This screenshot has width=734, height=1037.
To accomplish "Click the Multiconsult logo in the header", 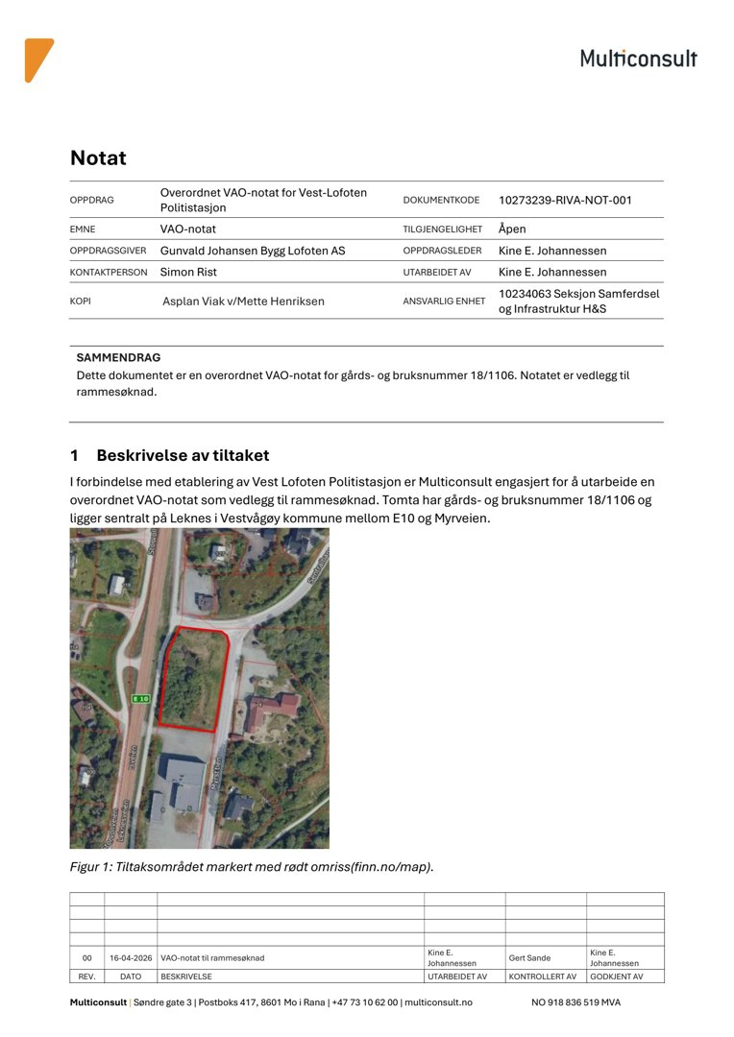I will pyautogui.click(x=638, y=59).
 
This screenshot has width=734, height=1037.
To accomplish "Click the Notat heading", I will pyautogui.click(x=98, y=158).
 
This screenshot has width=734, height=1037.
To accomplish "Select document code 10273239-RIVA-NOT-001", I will pyautogui.click(x=565, y=201).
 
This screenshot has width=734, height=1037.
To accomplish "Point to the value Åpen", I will pyautogui.click(x=512, y=229).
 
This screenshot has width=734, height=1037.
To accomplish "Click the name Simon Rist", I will pyautogui.click(x=188, y=272).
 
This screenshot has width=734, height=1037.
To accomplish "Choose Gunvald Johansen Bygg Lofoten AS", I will pyautogui.click(x=252, y=251).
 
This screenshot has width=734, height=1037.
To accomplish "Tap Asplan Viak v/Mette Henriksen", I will pyautogui.click(x=243, y=301).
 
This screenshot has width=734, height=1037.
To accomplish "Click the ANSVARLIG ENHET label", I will pyautogui.click(x=444, y=301).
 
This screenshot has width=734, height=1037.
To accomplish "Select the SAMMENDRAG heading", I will pyautogui.click(x=118, y=357).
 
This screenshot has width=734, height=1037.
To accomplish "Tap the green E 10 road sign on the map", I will pyautogui.click(x=141, y=699).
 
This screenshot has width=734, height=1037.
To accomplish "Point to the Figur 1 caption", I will pyautogui.click(x=252, y=867).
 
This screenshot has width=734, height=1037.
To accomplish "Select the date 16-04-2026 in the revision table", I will pyautogui.click(x=131, y=958).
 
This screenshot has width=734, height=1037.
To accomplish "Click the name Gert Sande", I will pyautogui.click(x=530, y=958).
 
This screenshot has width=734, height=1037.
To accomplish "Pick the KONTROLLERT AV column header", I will pyautogui.click(x=543, y=977).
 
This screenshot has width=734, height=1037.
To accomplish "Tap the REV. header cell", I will pyautogui.click(x=86, y=977).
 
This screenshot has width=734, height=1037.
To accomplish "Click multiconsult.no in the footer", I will pyautogui.click(x=438, y=1002).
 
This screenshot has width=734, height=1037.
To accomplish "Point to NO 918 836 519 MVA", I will pyautogui.click(x=575, y=1002).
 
